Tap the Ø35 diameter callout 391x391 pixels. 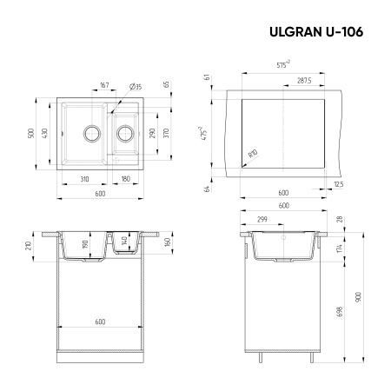(x=136, y=87)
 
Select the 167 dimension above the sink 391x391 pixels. (x=104, y=86)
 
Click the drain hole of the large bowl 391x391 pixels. (x=90, y=134)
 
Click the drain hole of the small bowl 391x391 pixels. (x=125, y=134)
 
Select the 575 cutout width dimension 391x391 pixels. (x=282, y=64)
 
